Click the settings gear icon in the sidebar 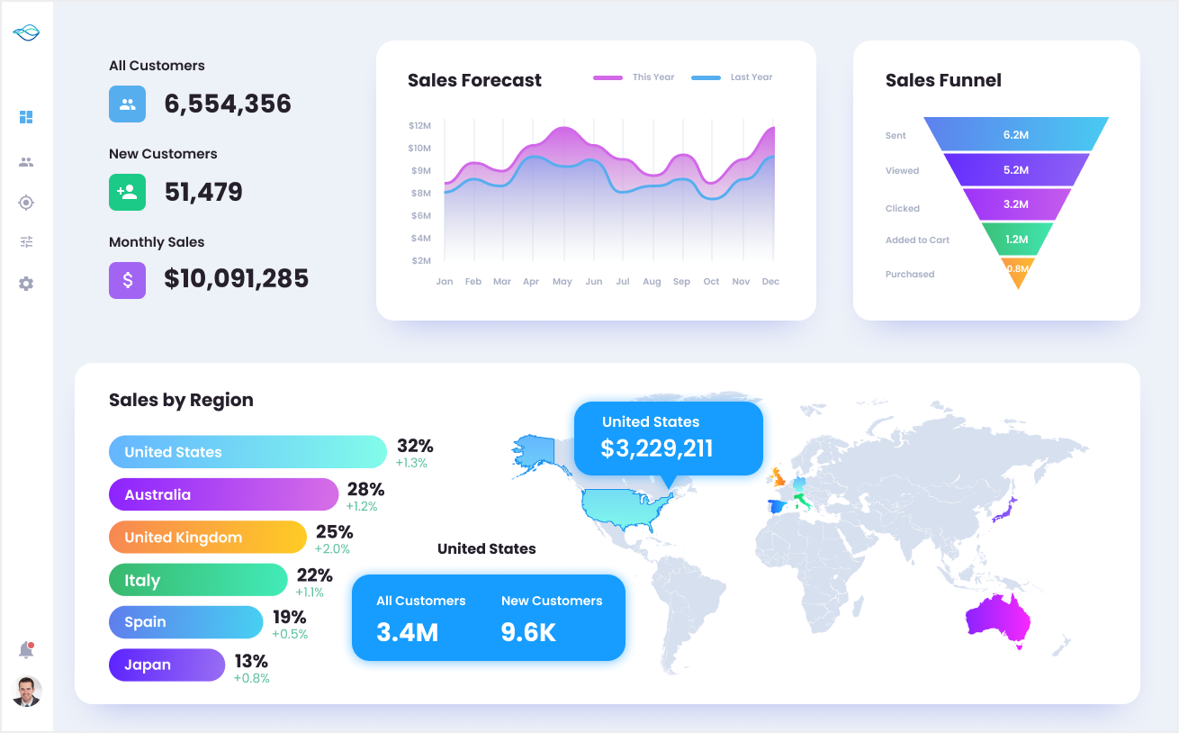click(26, 284)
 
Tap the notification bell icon click(26, 650)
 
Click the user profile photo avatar click(27, 691)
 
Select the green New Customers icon click(127, 192)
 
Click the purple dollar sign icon click(127, 280)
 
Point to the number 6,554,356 click(228, 104)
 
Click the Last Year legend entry click(733, 77)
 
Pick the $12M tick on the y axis click(419, 125)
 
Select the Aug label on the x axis click(652, 282)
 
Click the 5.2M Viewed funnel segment click(1015, 169)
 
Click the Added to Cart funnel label click(917, 240)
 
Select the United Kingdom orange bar click(208, 538)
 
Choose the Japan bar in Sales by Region click(166, 665)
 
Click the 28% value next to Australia click(365, 489)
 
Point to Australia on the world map click(996, 620)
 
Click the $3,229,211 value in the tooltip click(656, 448)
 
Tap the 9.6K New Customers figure click(528, 632)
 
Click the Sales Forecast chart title click(474, 80)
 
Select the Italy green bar click(197, 581)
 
